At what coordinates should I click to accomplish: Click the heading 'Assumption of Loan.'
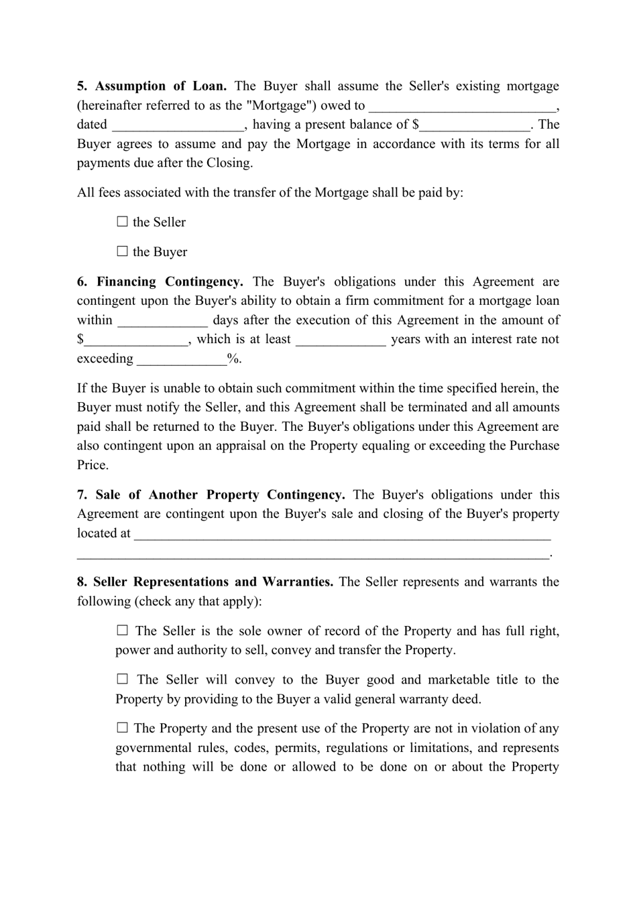click(x=161, y=86)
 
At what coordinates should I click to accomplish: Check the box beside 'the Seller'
click(x=122, y=222)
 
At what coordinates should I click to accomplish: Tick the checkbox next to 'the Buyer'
click(x=122, y=252)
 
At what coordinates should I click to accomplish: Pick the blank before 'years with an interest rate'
click(x=341, y=340)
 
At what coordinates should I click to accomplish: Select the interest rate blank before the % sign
click(x=182, y=360)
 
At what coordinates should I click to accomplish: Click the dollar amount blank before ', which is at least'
click(x=136, y=340)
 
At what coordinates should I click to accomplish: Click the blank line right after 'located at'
click(x=342, y=535)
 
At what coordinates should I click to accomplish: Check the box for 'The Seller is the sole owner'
click(x=122, y=631)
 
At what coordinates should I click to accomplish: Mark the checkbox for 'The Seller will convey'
click(x=122, y=680)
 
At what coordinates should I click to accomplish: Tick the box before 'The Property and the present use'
click(x=122, y=728)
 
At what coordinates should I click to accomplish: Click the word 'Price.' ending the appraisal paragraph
click(x=93, y=465)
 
